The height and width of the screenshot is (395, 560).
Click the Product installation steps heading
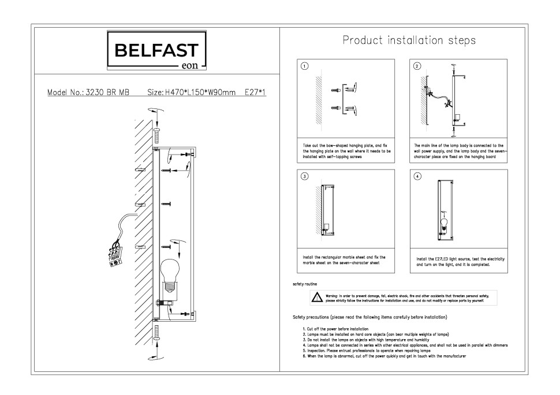[x=409, y=40]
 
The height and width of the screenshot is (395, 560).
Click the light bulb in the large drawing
[x=169, y=273]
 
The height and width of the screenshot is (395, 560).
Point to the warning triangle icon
[x=316, y=298]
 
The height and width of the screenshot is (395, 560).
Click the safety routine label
[x=305, y=284]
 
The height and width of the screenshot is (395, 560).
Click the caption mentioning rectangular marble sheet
[x=344, y=259]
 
